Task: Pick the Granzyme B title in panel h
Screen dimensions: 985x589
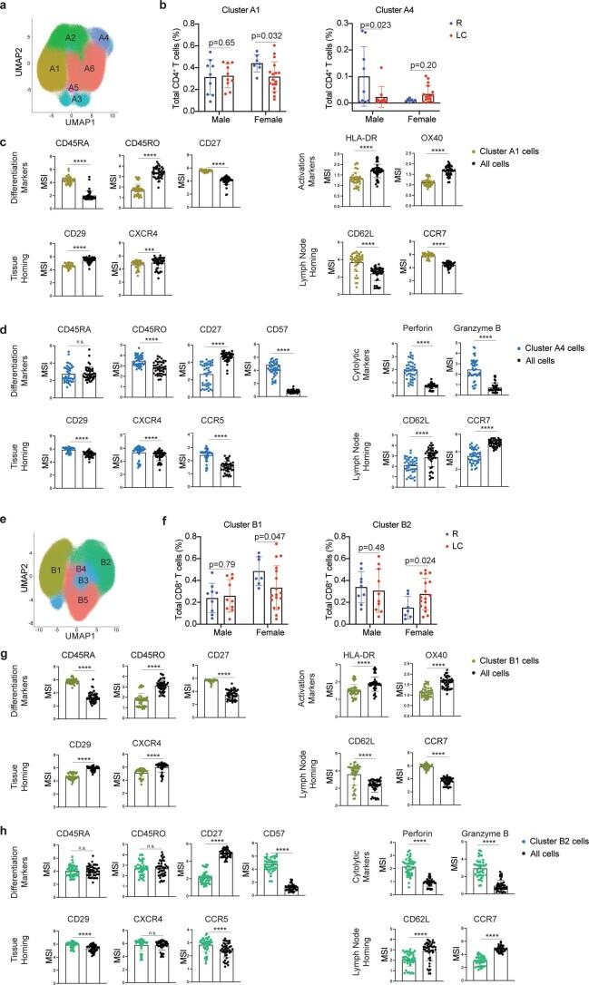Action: (x=490, y=753)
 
